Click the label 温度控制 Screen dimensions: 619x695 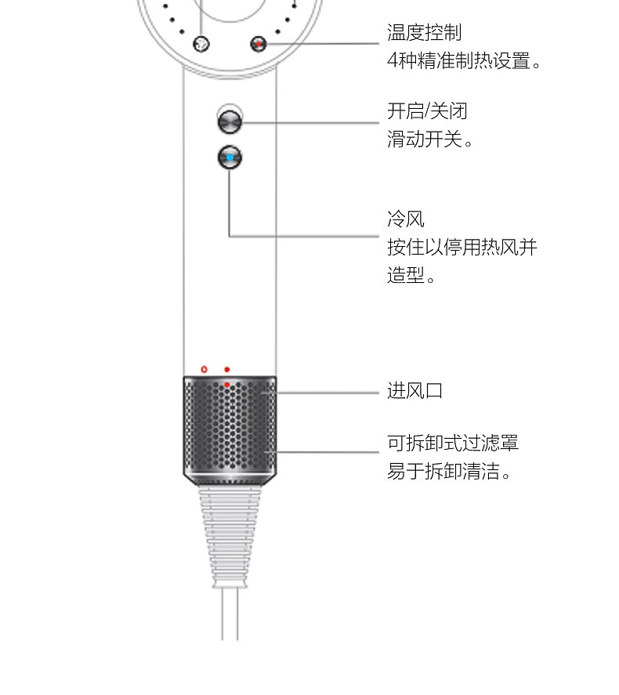pyautogui.click(x=424, y=33)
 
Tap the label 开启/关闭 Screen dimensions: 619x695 pyautogui.click(x=427, y=111)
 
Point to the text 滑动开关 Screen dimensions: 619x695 pyautogui.click(x=429, y=140)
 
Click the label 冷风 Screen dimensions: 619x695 pyautogui.click(x=406, y=219)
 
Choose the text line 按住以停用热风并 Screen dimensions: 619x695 pyautogui.click(x=462, y=248)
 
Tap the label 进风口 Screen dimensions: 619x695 pyautogui.click(x=415, y=391)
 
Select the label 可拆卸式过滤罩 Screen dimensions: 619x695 pyautogui.click(x=453, y=443)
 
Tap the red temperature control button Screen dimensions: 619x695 pyautogui.click(x=258, y=45)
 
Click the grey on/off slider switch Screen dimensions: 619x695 pyautogui.click(x=230, y=121)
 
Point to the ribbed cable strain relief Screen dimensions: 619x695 pyautogui.click(x=229, y=533)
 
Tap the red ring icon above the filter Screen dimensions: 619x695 pyautogui.click(x=204, y=368)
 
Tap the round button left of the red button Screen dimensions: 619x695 pyautogui.click(x=201, y=45)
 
